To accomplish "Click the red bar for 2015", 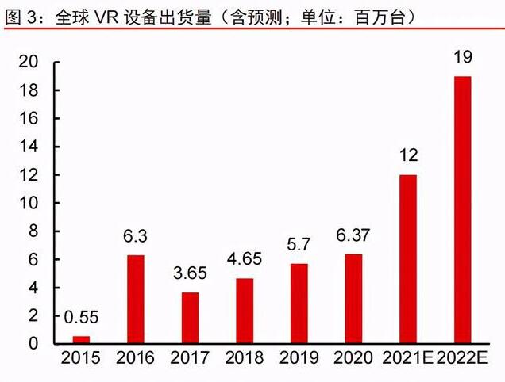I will [x=82, y=339].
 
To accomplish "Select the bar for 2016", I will [x=136, y=299].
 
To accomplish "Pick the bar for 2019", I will [x=299, y=304].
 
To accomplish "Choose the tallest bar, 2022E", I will [x=461, y=210].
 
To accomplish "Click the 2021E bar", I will [x=407, y=259].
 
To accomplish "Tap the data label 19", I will [x=461, y=57].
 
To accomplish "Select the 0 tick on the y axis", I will [x=33, y=343].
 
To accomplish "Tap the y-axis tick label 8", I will [x=33, y=231].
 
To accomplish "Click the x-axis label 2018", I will [x=245, y=360].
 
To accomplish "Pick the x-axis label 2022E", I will [x=463, y=360].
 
